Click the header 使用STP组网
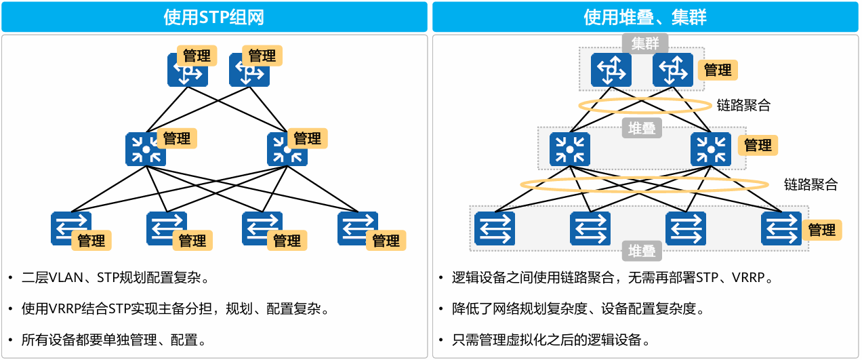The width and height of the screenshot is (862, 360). (x=213, y=17)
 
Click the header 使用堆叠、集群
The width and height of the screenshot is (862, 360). (x=645, y=17)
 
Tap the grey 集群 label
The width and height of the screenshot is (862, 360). (x=644, y=44)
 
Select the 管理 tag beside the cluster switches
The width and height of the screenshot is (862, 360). (x=717, y=70)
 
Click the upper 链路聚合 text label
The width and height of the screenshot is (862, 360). (x=743, y=106)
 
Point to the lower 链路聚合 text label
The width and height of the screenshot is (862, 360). (x=810, y=184)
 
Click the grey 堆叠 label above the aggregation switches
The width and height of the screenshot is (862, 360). (x=642, y=128)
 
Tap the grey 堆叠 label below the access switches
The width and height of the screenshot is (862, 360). (x=642, y=252)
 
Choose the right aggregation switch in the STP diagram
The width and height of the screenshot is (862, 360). (x=287, y=150)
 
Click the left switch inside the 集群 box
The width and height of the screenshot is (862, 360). (x=611, y=70)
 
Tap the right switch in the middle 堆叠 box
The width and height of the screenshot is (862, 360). (x=710, y=148)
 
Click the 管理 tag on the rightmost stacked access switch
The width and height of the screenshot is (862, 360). (x=821, y=230)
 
